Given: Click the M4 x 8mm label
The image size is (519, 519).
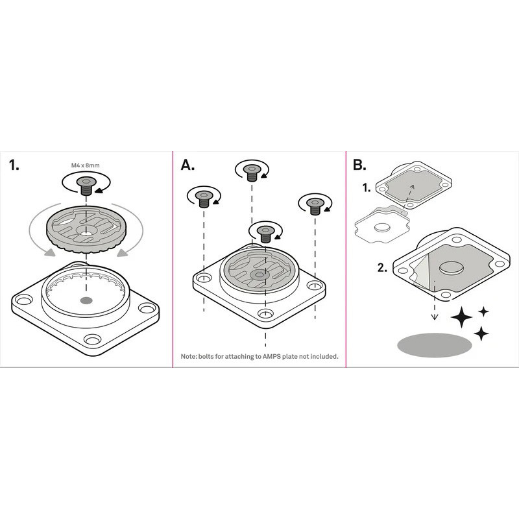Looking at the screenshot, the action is [85, 165].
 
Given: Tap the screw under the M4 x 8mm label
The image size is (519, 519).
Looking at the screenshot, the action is [86, 186].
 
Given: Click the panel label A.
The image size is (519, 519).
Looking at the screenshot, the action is [187, 165].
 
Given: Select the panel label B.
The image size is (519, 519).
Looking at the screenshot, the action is [359, 165].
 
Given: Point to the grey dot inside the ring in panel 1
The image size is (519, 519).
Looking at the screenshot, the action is [86, 300].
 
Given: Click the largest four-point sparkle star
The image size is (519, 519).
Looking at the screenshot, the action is [461, 317].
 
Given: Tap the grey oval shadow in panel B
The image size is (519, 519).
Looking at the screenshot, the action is [434, 345].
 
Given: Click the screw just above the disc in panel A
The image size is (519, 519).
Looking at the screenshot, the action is [265, 234].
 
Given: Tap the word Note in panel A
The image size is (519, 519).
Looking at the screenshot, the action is [189, 356].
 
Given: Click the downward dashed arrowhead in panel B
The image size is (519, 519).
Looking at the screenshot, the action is [435, 317].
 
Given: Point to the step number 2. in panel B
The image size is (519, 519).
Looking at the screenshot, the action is [382, 268].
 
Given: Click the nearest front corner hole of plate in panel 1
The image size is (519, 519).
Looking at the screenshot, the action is [92, 339].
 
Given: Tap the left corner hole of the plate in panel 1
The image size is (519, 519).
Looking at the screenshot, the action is [23, 300].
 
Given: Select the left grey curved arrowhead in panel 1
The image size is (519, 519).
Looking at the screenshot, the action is [50, 252].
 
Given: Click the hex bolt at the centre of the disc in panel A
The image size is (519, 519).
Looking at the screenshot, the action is [259, 274].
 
